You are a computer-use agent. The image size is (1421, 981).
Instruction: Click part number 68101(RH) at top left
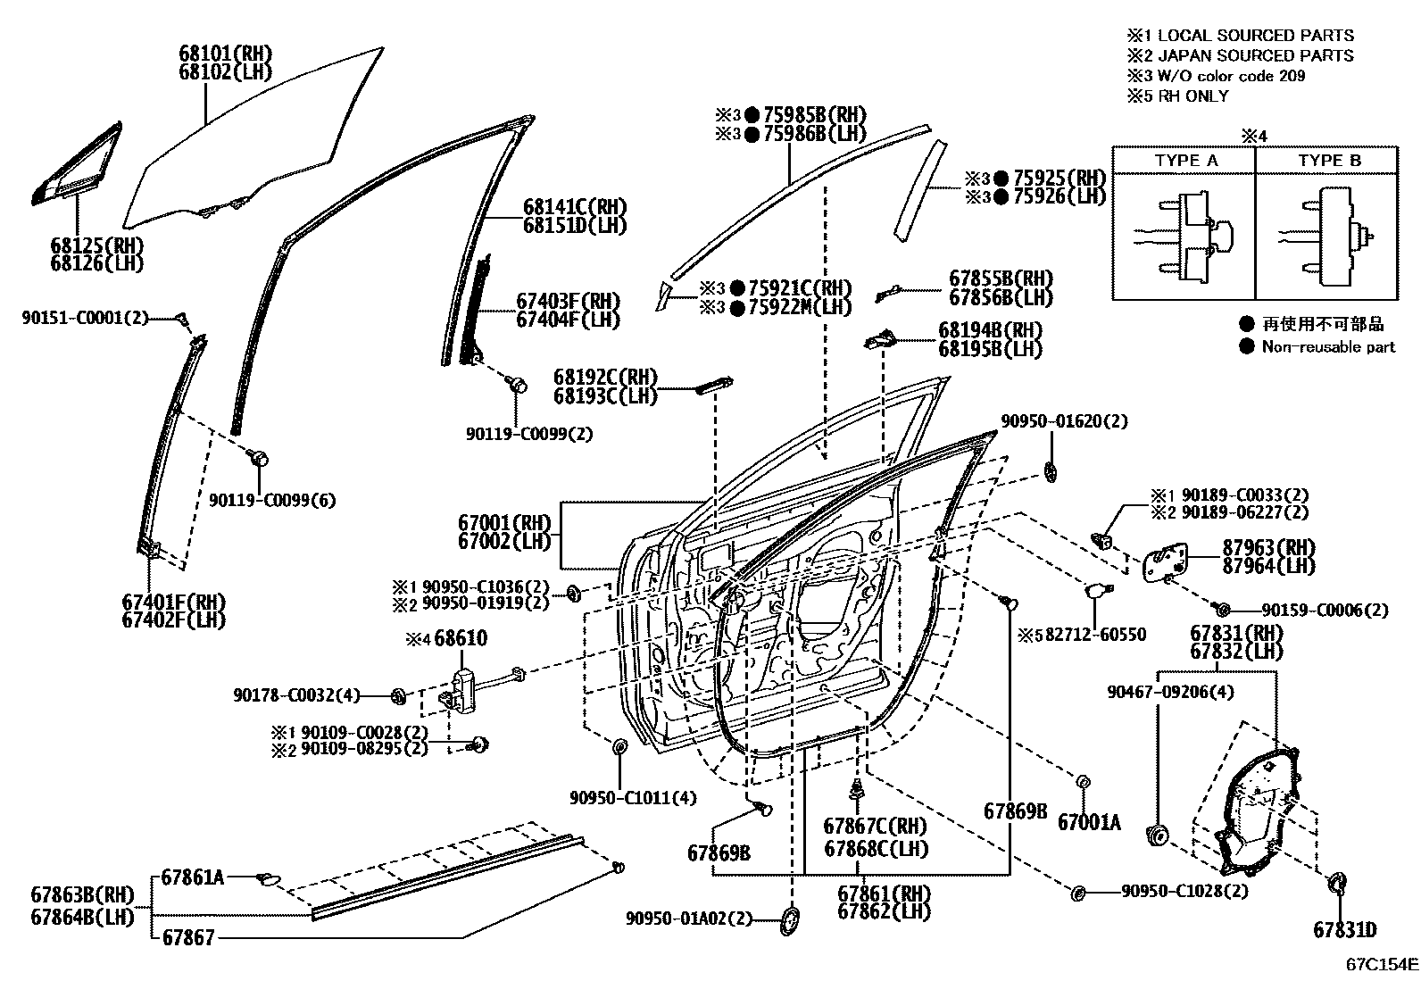(x=225, y=54)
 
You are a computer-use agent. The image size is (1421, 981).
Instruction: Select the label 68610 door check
(x=461, y=639)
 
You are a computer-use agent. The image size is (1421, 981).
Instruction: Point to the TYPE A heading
(x=1185, y=161)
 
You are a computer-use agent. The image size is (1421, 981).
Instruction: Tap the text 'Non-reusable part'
(x=1327, y=347)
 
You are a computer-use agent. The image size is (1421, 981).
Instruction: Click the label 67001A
(x=1088, y=822)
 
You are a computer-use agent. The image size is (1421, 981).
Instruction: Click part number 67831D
(x=1344, y=929)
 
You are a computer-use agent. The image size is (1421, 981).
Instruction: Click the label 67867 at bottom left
(x=188, y=938)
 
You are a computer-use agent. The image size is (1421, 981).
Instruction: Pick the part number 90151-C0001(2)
(x=85, y=317)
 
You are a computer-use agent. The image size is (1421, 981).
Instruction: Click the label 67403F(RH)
(x=568, y=301)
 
